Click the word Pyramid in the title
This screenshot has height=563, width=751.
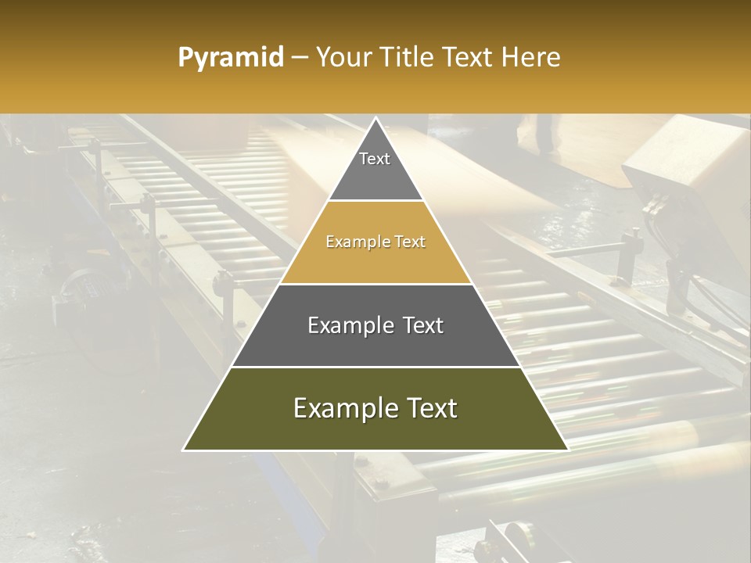(x=230, y=58)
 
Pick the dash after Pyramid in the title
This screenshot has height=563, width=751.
(x=300, y=58)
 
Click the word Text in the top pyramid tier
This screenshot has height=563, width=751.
(x=375, y=159)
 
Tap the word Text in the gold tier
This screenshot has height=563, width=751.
(x=410, y=242)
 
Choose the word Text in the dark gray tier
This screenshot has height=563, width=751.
(x=423, y=325)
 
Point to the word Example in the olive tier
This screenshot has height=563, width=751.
(x=342, y=408)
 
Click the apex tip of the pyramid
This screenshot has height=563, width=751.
(x=375, y=119)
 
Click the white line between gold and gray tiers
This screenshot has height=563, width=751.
(x=375, y=284)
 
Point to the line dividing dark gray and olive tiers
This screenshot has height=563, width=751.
(x=375, y=367)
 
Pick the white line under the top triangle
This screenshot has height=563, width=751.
(x=375, y=201)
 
